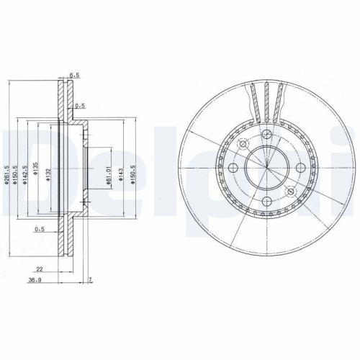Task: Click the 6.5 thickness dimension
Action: tap(73, 73)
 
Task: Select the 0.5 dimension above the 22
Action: tap(40, 230)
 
